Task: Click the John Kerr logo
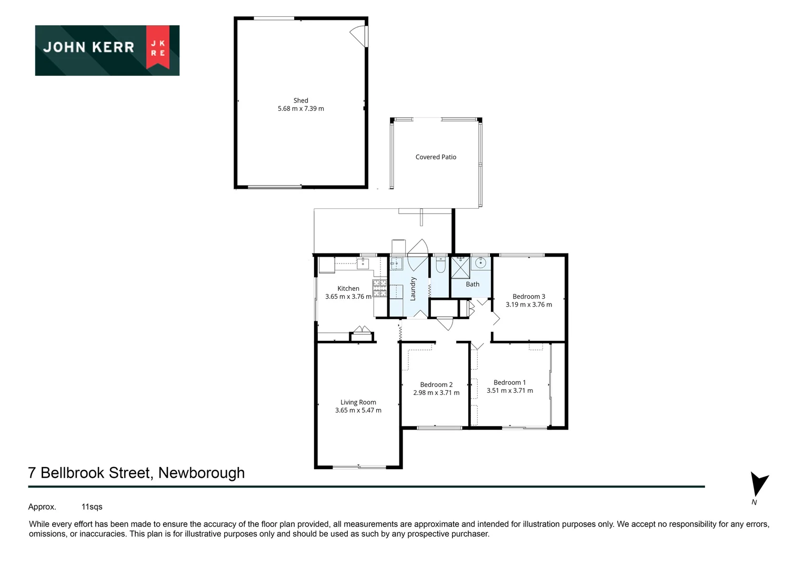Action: [107, 50]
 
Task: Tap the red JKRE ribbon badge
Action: [158, 47]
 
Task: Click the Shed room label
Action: [301, 100]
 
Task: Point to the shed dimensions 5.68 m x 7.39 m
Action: [301, 109]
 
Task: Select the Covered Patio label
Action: [436, 157]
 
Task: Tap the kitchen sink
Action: [363, 263]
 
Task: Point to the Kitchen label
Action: [348, 288]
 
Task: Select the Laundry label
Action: [413, 289]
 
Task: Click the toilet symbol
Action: [440, 265]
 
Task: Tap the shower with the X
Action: [460, 267]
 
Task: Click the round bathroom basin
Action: [480, 263]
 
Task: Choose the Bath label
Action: [473, 285]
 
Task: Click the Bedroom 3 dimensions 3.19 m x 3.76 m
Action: [529, 305]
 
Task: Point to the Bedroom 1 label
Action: [509, 382]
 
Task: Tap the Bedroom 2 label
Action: [436, 384]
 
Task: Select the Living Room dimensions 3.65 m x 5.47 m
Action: [358, 410]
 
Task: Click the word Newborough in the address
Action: [202, 473]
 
